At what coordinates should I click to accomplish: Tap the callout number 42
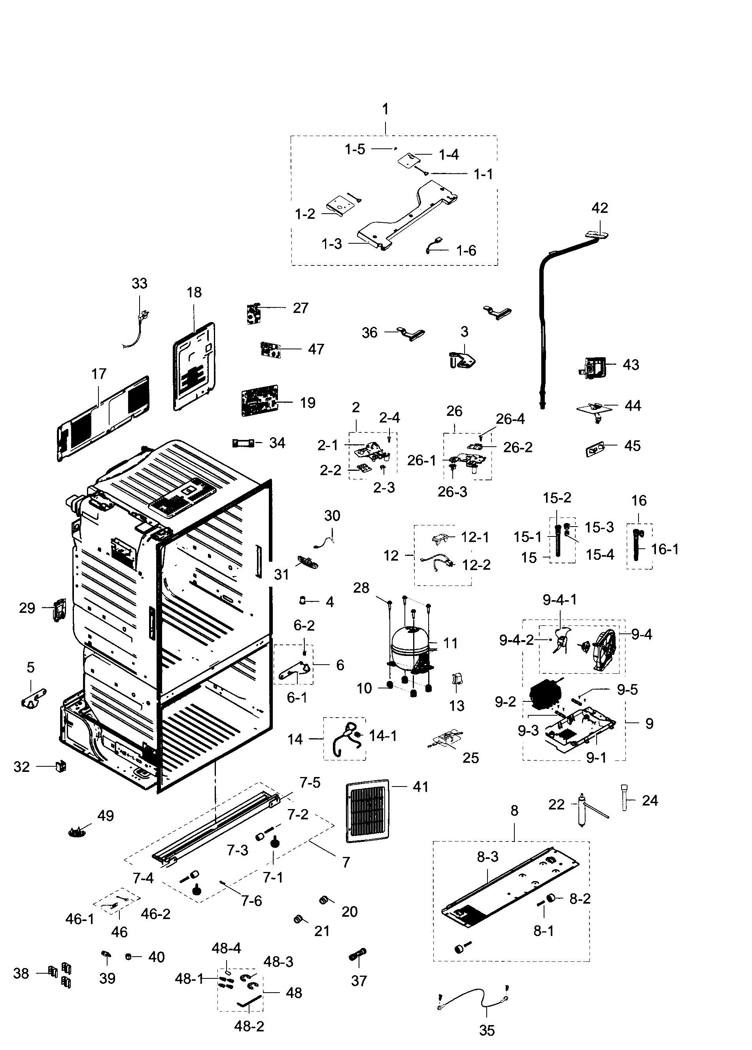tap(600, 208)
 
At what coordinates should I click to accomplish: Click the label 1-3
tap(332, 244)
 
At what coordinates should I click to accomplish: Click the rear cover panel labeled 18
tap(195, 367)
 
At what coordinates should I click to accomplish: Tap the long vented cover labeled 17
tap(103, 418)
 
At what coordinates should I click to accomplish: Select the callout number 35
tap(486, 1030)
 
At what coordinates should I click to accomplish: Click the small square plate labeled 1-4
tap(408, 160)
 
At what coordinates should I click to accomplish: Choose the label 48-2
tap(249, 1026)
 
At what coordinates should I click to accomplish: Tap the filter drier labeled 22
tap(582, 810)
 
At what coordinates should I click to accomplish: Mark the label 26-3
tap(452, 492)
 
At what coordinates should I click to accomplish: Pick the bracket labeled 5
tap(33, 697)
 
